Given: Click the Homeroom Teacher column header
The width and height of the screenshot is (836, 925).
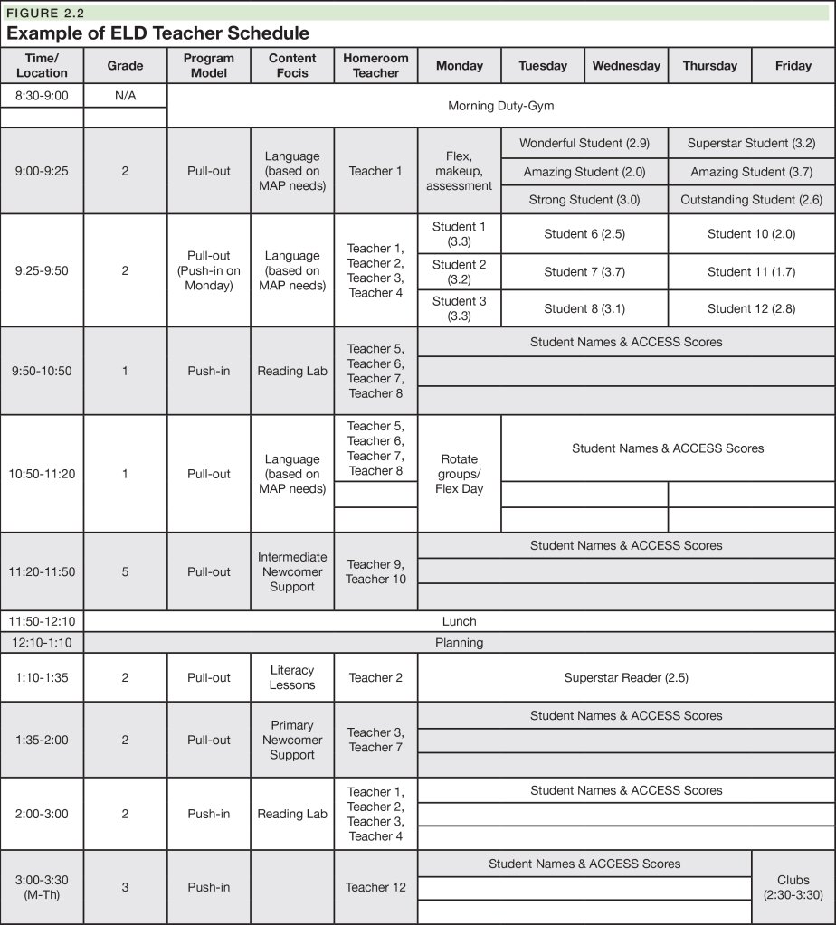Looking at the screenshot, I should pos(375,65).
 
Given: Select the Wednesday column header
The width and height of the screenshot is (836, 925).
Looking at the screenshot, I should pos(626,65).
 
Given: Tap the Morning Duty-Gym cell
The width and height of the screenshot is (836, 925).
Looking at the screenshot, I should pos(500,106).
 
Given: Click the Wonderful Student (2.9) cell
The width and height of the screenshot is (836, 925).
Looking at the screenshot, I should pos(584,143).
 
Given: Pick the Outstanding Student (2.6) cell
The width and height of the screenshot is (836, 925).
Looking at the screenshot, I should pos(751,200).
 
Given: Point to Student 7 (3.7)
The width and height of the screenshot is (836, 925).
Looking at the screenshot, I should pos(584,271).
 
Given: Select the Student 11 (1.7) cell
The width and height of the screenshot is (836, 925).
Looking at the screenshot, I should pos(751,271).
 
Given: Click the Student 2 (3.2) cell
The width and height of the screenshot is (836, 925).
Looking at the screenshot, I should pos(459,271).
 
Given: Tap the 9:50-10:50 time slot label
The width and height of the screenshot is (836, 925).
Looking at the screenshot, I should pos(42,371).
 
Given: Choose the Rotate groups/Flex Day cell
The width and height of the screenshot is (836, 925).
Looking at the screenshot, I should pos(459,474).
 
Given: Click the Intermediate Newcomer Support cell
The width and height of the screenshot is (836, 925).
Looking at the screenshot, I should pos(292,571).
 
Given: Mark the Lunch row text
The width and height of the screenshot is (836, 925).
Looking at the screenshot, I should pos(459,621).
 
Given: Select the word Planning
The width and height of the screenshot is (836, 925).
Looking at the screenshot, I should pos(459,643).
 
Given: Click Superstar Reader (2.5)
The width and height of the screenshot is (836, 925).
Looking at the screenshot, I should pos(625,677).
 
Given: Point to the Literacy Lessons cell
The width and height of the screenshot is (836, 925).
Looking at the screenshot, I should pos(292,677).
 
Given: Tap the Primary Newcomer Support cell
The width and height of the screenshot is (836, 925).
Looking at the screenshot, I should pos(292,740).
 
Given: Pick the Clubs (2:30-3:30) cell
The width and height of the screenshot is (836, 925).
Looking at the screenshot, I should pos(793,887).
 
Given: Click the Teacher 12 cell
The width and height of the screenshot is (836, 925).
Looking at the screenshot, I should pos(375,887).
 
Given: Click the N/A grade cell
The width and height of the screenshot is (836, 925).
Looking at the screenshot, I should pos(125,95).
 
